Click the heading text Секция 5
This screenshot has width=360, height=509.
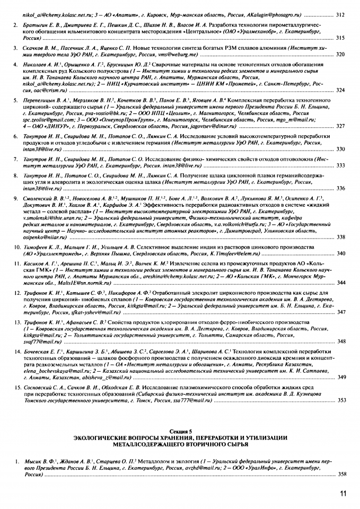pyautogui.click(x=180, y=433)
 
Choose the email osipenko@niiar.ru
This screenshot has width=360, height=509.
pyautogui.click(x=44, y=236)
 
